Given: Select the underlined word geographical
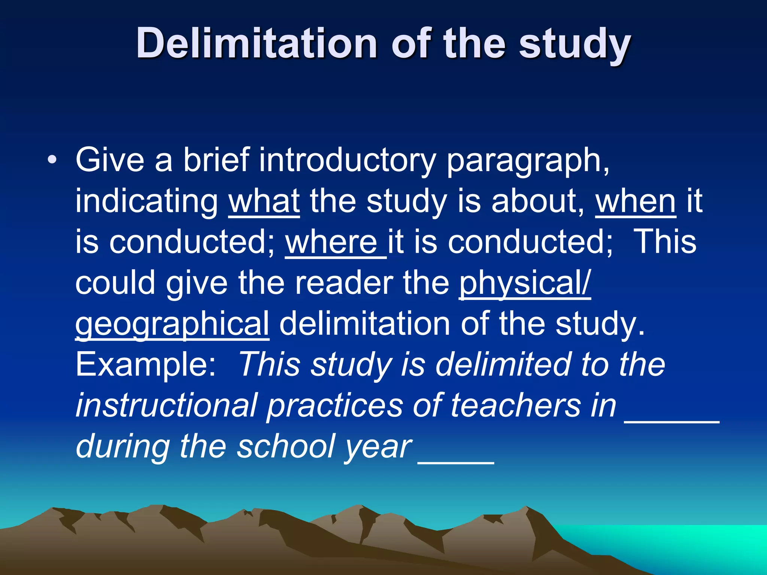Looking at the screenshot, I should tap(172, 324).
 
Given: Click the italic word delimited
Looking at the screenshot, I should tap(503, 365).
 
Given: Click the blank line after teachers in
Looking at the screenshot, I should tap(671, 422).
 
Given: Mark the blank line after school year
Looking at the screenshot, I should tap(456, 463).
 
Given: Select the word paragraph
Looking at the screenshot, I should tap(527, 161).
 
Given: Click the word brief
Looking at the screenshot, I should tap(216, 161).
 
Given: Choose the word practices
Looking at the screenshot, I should tap(334, 405).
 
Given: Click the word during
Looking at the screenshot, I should tap(123, 447).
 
